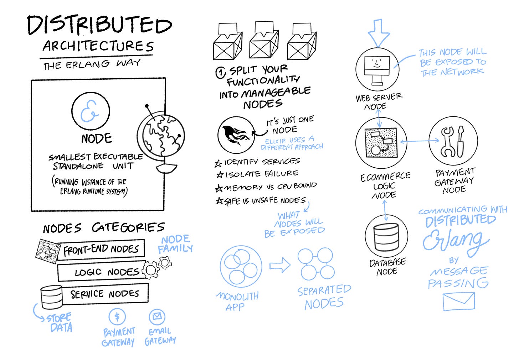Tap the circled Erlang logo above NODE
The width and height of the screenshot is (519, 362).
click(x=91, y=111)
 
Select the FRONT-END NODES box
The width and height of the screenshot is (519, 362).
click(x=101, y=250)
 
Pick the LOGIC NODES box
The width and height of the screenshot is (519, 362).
click(x=103, y=272)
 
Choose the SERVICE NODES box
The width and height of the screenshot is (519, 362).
click(x=105, y=294)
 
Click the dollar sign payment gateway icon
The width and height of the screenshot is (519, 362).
click(x=117, y=316)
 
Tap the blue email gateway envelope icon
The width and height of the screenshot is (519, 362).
click(x=157, y=316)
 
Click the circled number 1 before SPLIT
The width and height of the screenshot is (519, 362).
click(x=221, y=73)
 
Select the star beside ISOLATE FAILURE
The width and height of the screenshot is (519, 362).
click(x=220, y=175)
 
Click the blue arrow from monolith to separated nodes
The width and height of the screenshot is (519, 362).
click(x=280, y=266)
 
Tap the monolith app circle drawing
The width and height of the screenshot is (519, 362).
click(x=241, y=267)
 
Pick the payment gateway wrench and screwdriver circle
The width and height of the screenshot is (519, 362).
click(x=453, y=142)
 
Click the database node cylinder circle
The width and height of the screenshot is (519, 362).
click(x=386, y=237)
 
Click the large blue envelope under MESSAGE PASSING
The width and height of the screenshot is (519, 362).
click(x=459, y=301)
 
